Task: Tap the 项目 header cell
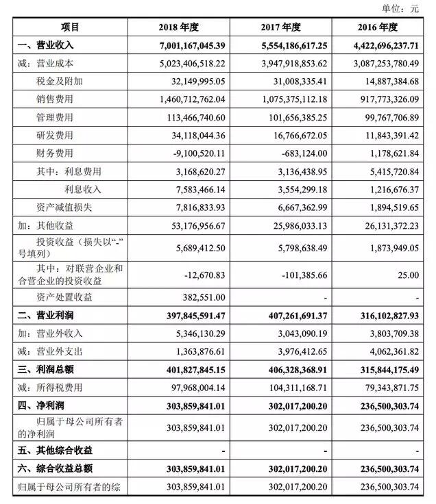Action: [x=70, y=27]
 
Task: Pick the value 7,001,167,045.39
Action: [x=186, y=45]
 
